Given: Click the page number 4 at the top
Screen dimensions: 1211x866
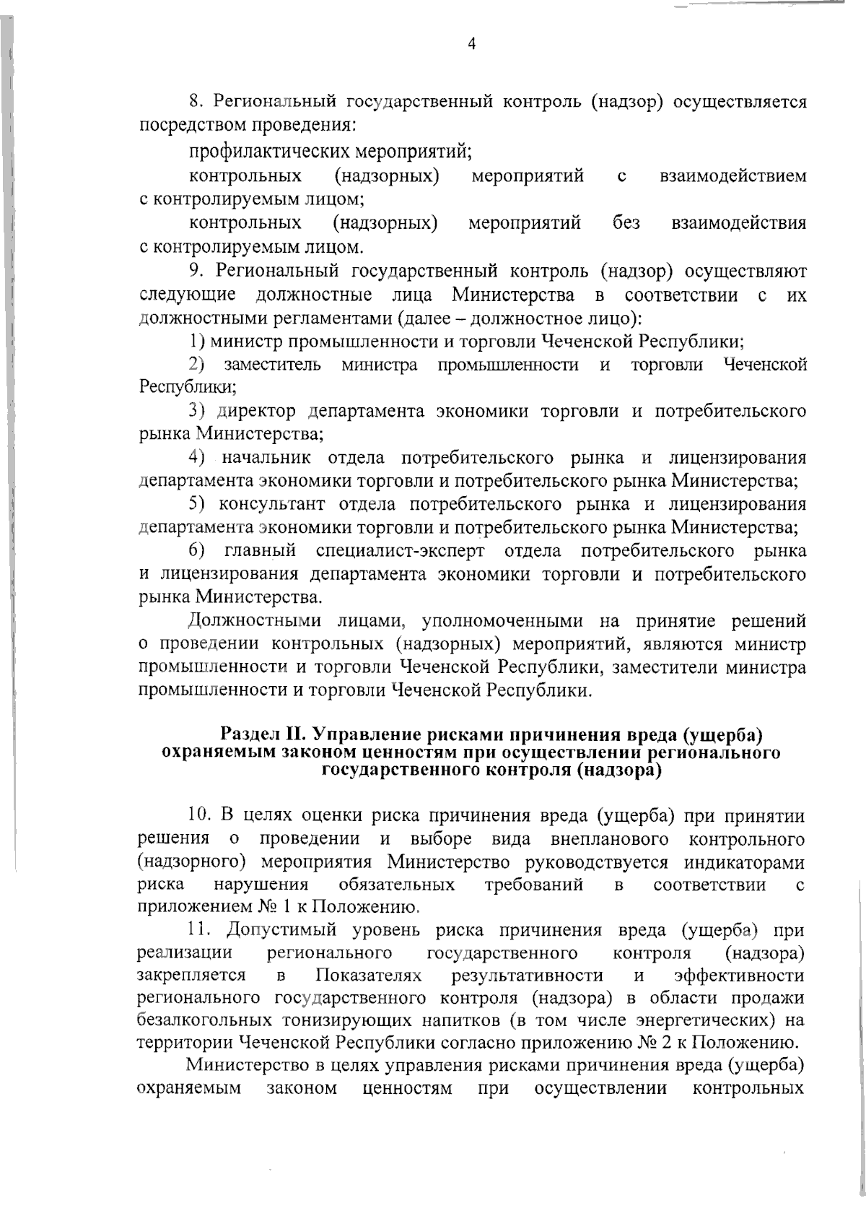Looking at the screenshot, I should click(472, 45).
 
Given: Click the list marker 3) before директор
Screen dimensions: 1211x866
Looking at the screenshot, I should click(198, 412).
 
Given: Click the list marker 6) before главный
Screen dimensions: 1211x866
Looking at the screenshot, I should click(198, 552).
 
